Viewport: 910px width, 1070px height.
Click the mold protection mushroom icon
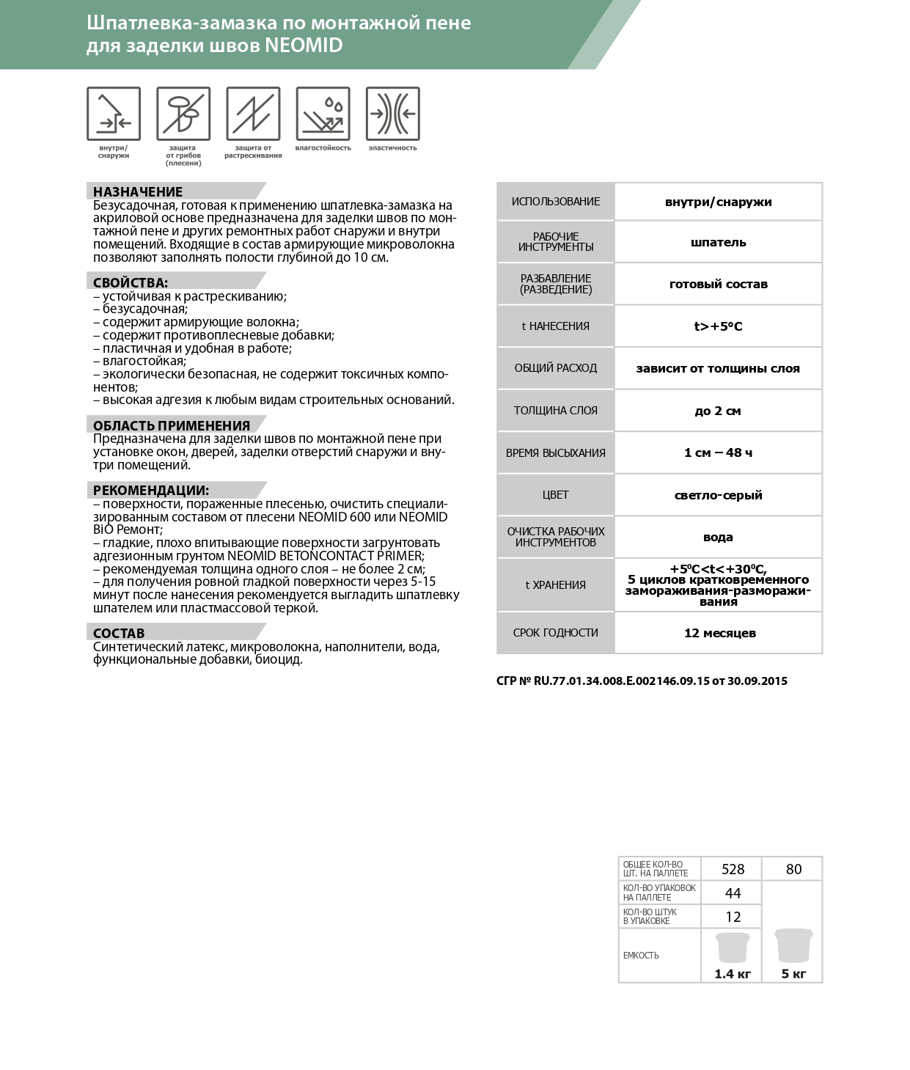(183, 113)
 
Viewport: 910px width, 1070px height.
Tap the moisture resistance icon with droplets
(323, 113)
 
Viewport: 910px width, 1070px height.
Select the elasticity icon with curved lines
(392, 113)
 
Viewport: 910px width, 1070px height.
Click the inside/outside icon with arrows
(114, 113)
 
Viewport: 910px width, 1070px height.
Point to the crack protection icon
(253, 113)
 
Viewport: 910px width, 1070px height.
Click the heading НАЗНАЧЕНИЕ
(138, 192)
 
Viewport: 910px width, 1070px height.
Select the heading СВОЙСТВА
(131, 282)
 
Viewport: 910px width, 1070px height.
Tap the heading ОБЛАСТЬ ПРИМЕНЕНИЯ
(172, 425)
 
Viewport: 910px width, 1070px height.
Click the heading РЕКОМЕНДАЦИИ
(151, 491)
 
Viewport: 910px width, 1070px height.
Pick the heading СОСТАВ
(119, 633)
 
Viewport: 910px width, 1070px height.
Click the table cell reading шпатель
(718, 242)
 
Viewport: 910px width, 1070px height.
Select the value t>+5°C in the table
(718, 326)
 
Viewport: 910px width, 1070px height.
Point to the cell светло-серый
(718, 495)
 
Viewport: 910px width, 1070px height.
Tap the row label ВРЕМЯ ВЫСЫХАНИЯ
(556, 453)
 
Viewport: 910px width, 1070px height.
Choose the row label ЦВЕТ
(556, 495)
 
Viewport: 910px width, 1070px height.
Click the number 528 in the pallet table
(733, 869)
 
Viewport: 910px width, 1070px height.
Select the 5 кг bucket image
(793, 947)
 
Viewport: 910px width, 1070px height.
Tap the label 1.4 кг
(733, 974)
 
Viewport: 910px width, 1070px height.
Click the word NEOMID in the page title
(304, 45)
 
